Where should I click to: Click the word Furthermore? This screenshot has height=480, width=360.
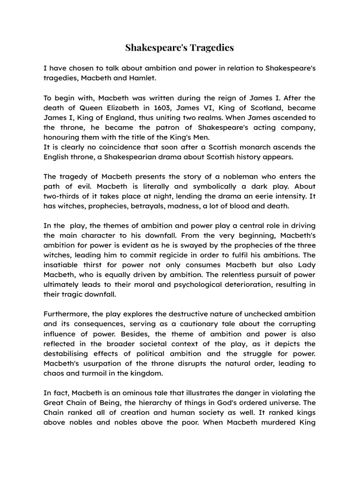[67, 314]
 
